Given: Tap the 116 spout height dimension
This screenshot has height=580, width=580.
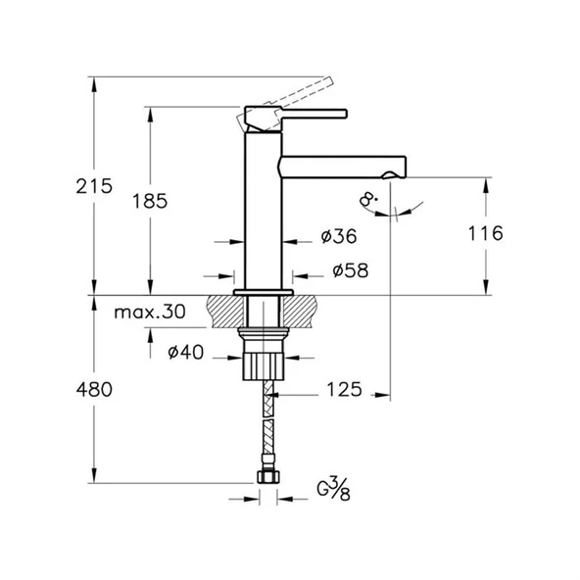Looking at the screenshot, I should point(486,233).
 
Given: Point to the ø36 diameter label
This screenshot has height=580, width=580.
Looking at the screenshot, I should point(338,237).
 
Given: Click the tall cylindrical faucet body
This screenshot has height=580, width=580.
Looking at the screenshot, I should point(262,216).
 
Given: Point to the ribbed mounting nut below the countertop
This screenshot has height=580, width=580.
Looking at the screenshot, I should point(262,364).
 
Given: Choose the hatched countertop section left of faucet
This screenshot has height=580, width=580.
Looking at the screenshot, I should point(224,312).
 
